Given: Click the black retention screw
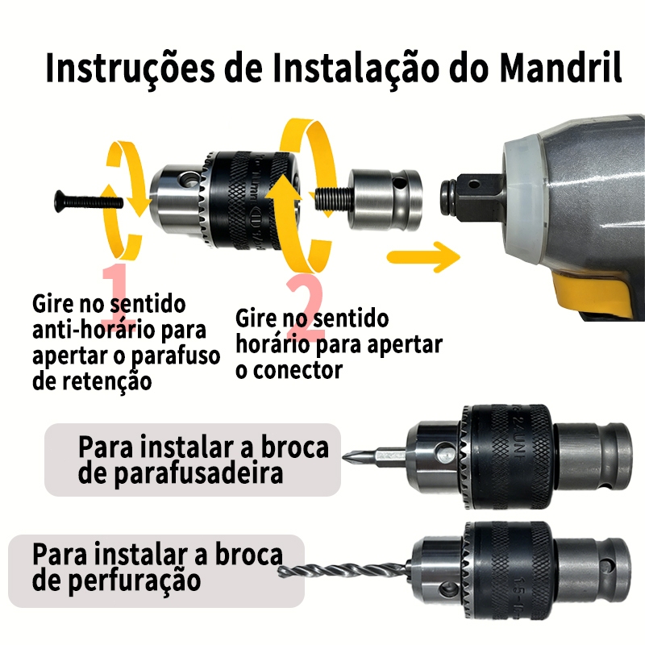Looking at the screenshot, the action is [x=89, y=202].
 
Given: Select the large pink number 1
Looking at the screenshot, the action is [x=117, y=294].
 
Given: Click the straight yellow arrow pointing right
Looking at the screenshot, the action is [x=424, y=256].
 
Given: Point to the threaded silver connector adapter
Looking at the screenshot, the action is [x=368, y=199].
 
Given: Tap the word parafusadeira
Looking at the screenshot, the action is [x=198, y=474].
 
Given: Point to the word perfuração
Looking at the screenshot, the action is [x=134, y=581].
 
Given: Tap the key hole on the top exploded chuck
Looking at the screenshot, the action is [x=188, y=179].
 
